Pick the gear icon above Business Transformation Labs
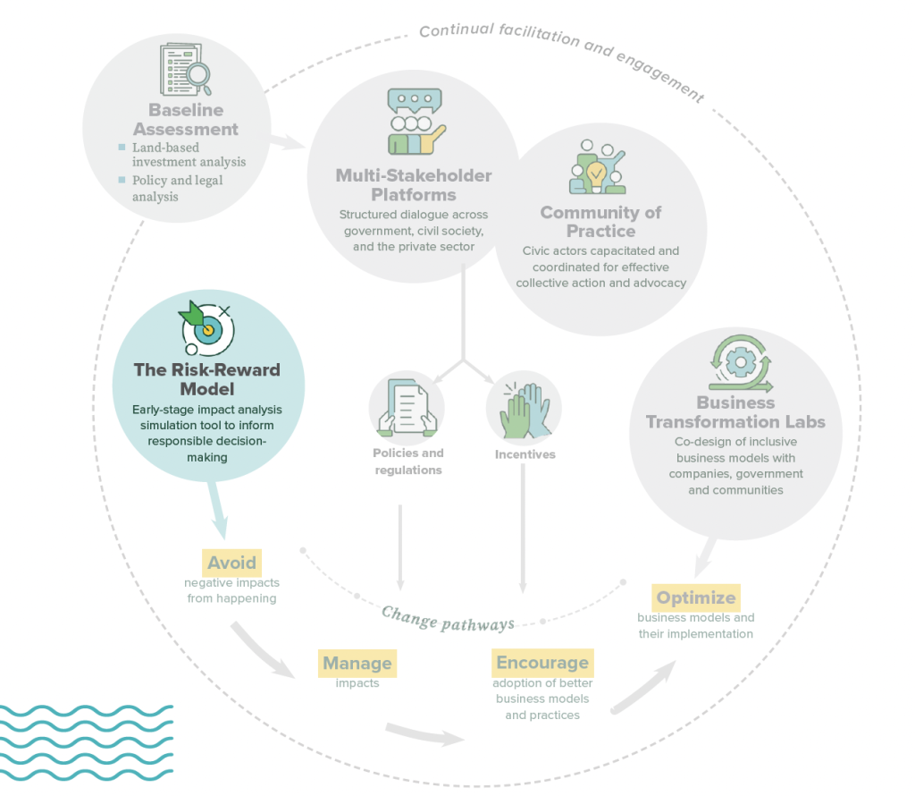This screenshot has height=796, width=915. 741,362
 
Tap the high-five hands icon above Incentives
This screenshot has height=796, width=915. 525,410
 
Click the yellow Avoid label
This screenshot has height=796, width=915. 231,563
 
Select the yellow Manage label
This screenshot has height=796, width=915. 357,664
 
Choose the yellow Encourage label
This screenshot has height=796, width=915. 542,662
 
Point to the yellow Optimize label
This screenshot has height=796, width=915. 696,597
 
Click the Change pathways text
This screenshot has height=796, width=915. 449,619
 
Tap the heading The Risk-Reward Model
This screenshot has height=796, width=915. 207,379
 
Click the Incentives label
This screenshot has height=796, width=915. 525,454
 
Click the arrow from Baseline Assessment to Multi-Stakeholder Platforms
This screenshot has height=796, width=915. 288,142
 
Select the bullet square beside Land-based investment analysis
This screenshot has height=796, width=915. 122,148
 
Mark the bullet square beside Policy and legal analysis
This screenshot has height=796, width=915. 122,180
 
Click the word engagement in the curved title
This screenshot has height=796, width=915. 660,77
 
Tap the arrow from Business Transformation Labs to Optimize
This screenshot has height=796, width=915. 705,558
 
